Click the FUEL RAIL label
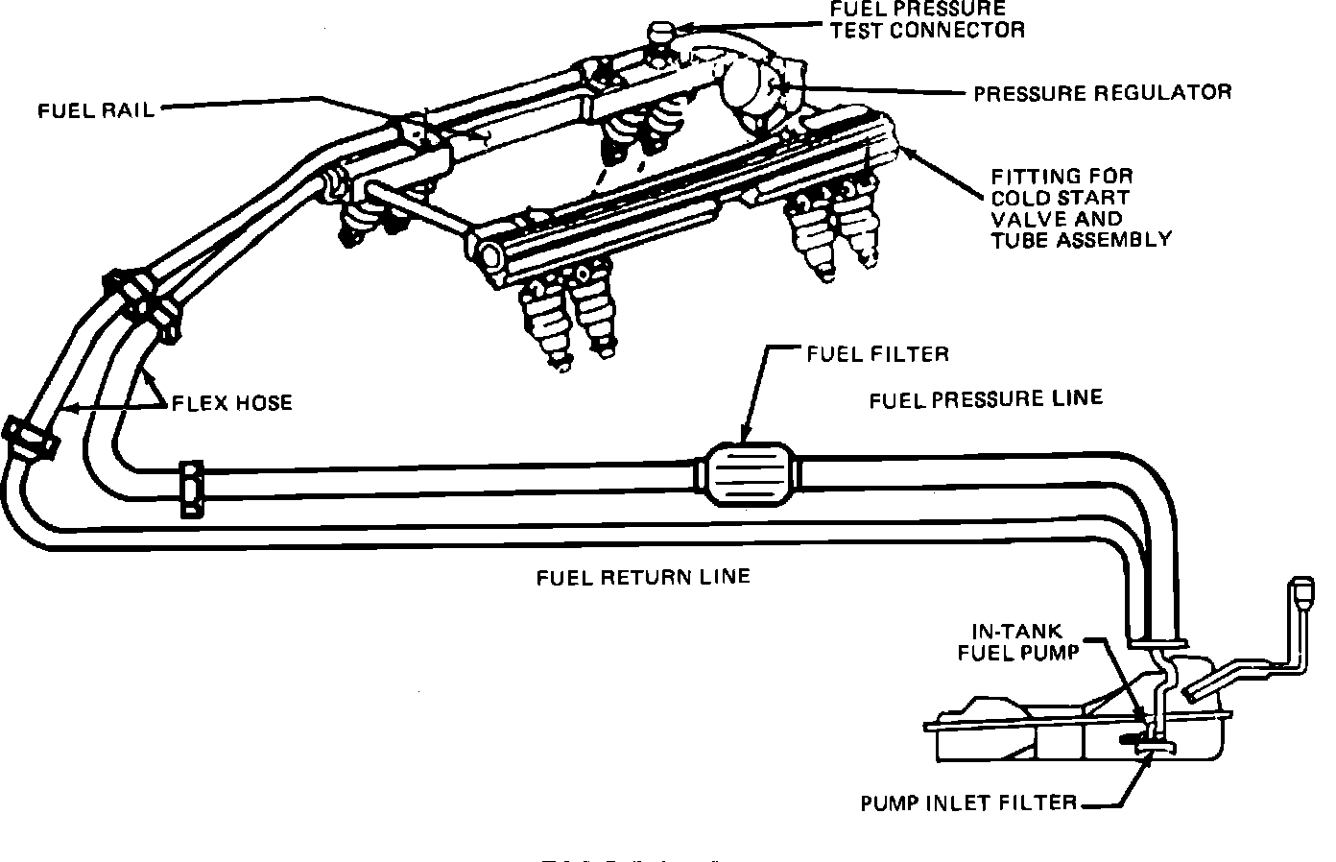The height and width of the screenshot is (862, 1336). point(96,108)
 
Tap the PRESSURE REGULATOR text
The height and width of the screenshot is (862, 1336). point(1102,92)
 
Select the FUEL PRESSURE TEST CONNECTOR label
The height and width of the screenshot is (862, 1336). point(927,19)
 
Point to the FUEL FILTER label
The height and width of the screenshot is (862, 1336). point(876,353)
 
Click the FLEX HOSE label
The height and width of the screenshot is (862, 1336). point(231,402)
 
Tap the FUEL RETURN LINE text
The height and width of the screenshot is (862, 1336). point(642,577)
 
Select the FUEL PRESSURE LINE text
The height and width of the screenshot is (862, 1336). point(986,398)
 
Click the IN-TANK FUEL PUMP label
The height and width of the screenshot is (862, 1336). point(1024,641)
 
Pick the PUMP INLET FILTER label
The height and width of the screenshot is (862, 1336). point(968,802)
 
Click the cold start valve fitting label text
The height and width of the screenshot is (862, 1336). point(1081,207)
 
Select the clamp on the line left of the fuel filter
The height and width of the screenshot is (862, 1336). point(192,491)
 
